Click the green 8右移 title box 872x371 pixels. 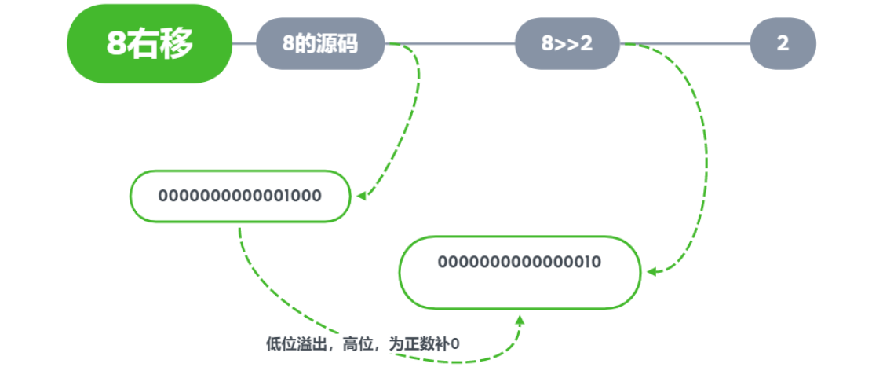150,44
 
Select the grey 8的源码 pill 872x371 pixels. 320,44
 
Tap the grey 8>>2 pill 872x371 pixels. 567,44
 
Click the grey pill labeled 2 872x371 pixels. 783,44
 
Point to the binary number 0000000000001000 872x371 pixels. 239,196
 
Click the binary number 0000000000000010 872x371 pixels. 520,262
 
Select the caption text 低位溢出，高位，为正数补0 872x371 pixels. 363,343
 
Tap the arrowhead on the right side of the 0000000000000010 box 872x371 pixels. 651,272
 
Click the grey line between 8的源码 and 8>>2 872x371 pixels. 450,44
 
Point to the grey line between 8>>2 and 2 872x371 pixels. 684,44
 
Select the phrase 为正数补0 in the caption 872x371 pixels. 424,343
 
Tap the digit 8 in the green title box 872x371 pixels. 115,44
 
